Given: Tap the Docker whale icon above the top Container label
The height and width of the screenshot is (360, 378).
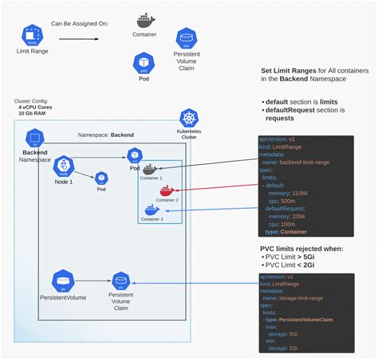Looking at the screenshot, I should point(144,20).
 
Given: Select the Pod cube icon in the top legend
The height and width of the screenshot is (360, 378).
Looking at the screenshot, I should point(144,61).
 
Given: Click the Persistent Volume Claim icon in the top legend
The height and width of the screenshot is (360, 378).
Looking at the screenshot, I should point(187,37).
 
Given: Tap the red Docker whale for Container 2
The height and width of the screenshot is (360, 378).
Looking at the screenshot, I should point(166,190).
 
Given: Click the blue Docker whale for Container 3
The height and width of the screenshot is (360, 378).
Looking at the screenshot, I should point(151,209).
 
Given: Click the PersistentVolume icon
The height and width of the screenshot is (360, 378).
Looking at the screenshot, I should point(62,280).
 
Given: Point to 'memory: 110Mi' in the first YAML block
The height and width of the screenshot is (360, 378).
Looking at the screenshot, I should point(290,194).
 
